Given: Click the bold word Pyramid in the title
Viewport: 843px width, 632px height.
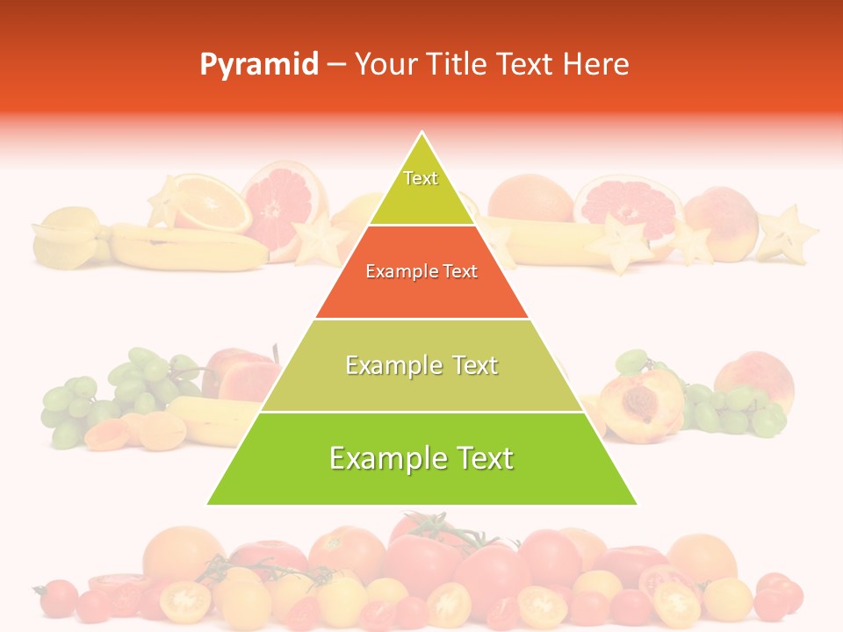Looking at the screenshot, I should tap(258, 65).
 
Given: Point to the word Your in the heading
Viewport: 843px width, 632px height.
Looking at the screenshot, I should tap(386, 64).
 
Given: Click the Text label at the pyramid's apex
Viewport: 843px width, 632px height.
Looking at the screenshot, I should tap(421, 178).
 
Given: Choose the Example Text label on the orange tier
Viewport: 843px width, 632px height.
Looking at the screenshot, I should tap(421, 271).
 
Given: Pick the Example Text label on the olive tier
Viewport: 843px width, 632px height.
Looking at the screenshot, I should tap(421, 365).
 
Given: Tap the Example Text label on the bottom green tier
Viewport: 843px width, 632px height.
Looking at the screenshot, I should tap(421, 458).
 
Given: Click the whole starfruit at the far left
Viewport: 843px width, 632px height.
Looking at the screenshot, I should tap(66, 235).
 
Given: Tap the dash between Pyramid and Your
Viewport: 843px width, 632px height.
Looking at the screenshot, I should tap(336, 65).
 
